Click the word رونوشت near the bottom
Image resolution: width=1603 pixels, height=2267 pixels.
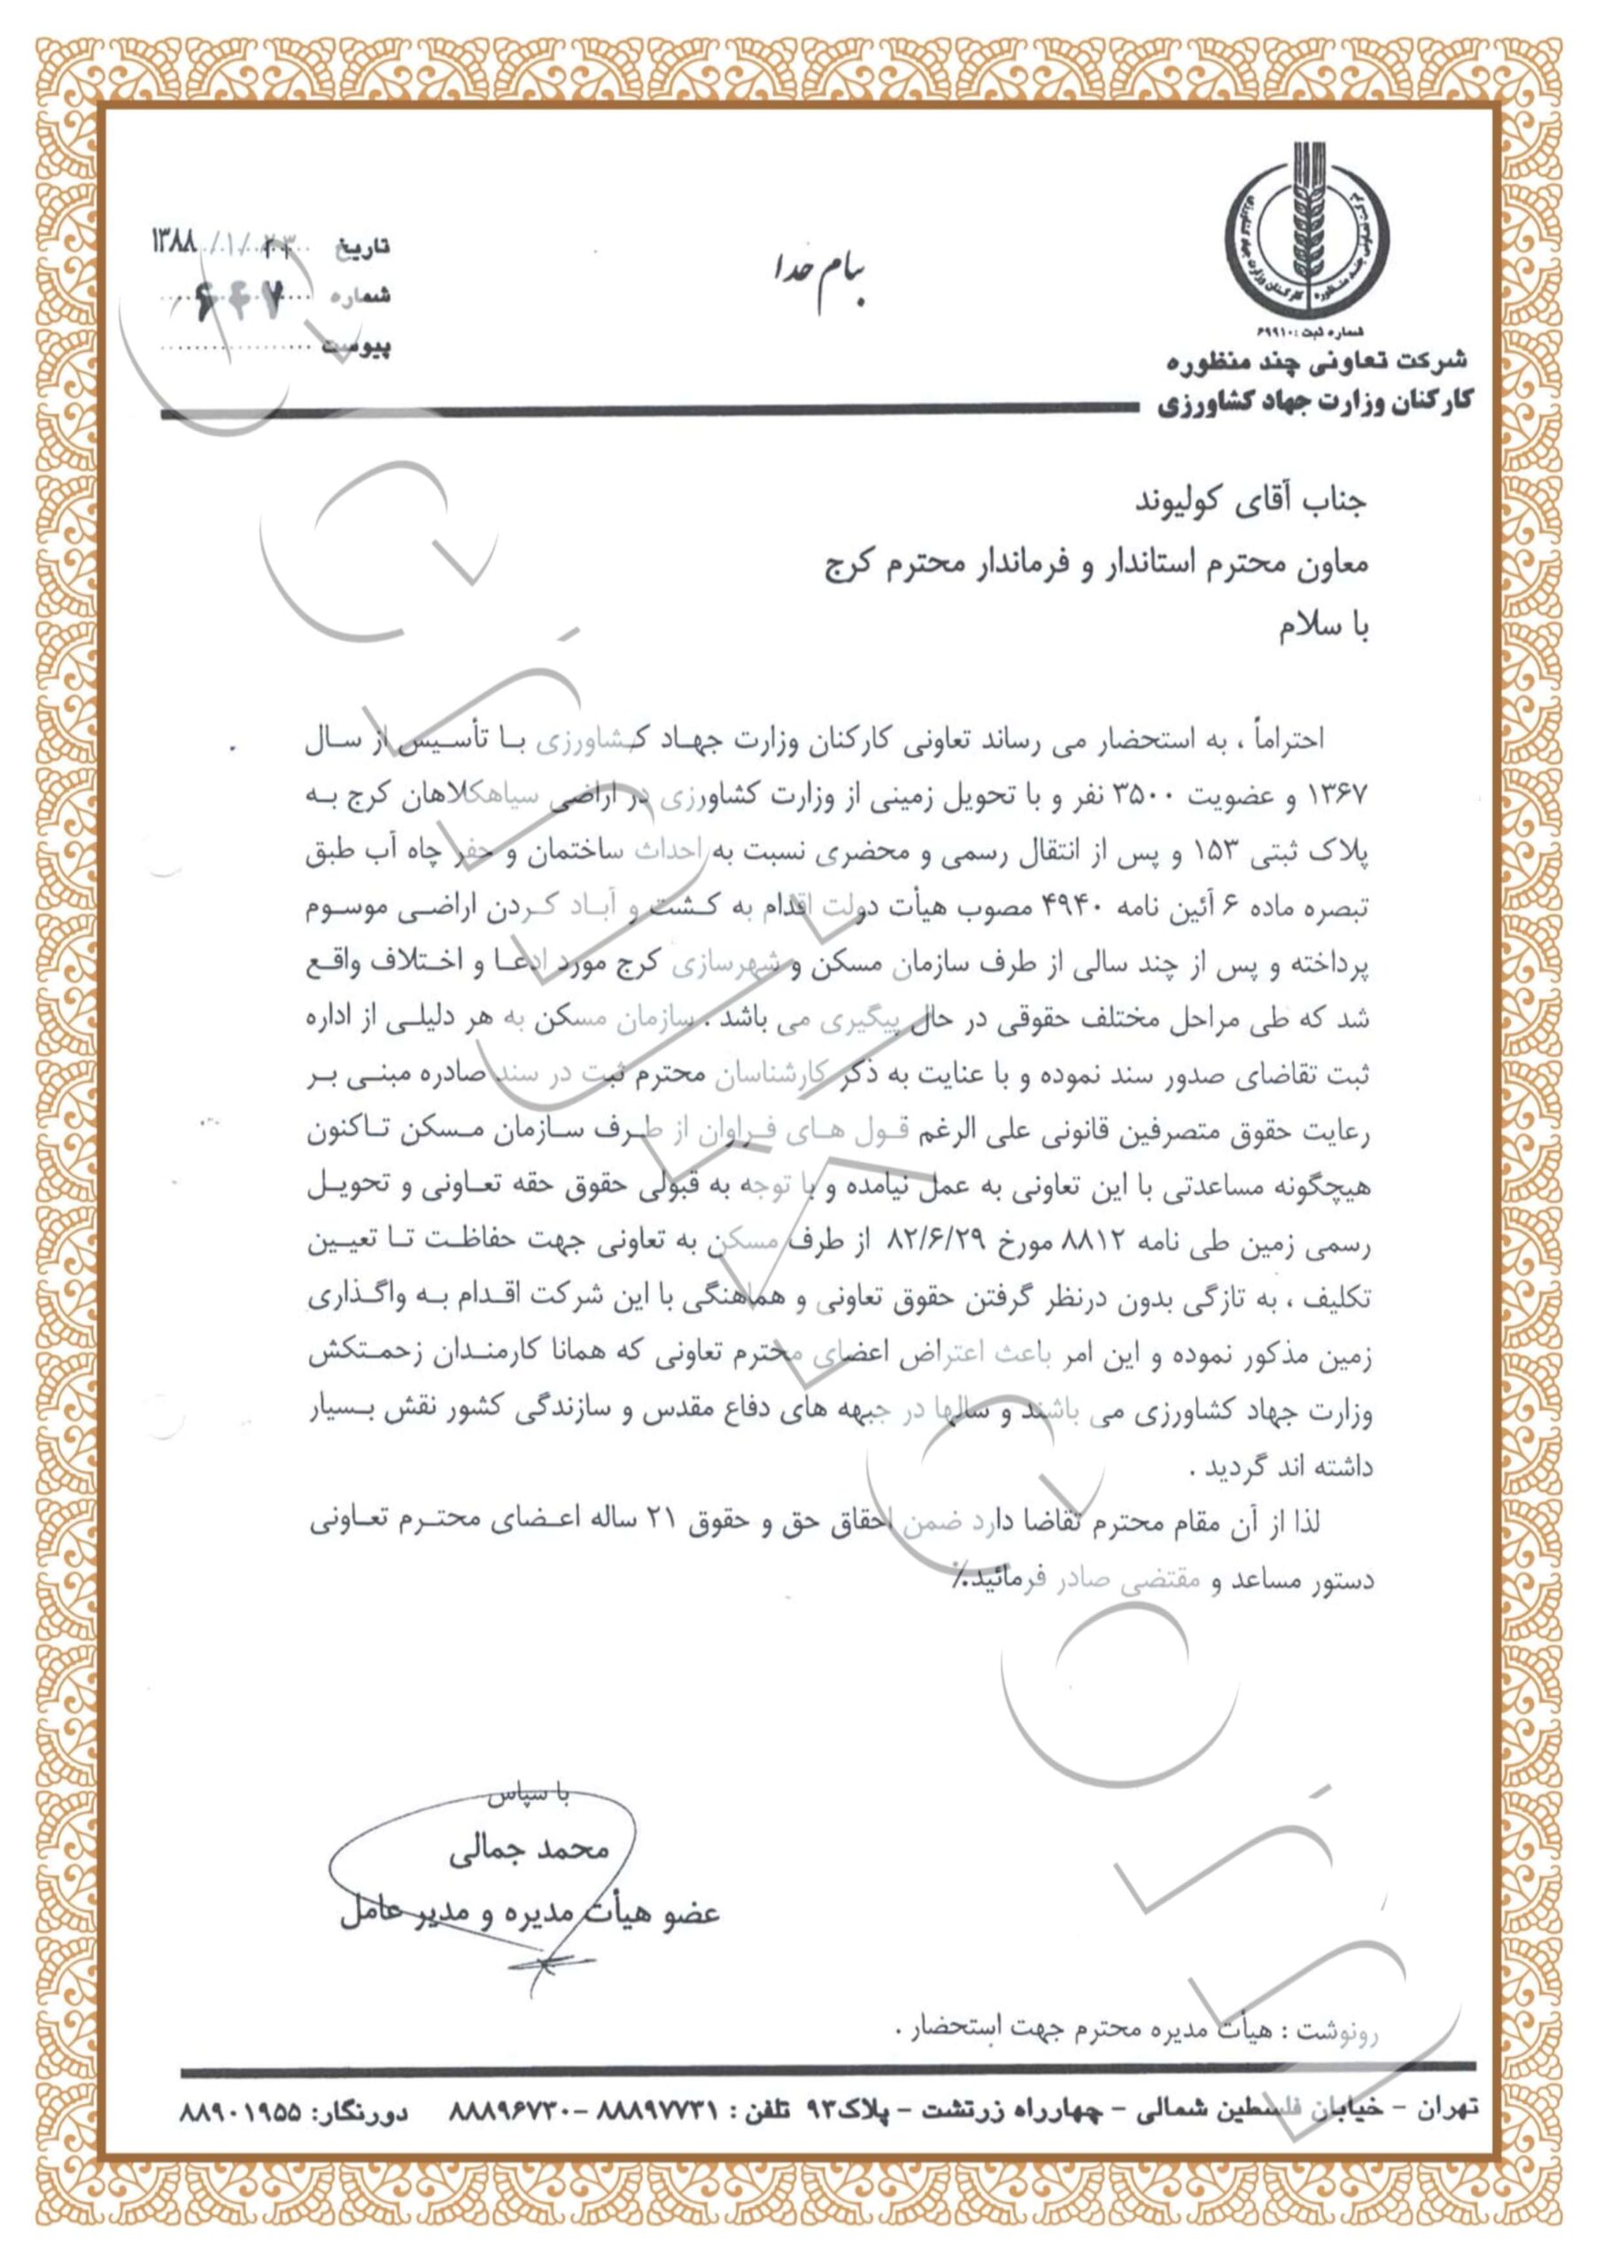[x=1336, y=2032]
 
